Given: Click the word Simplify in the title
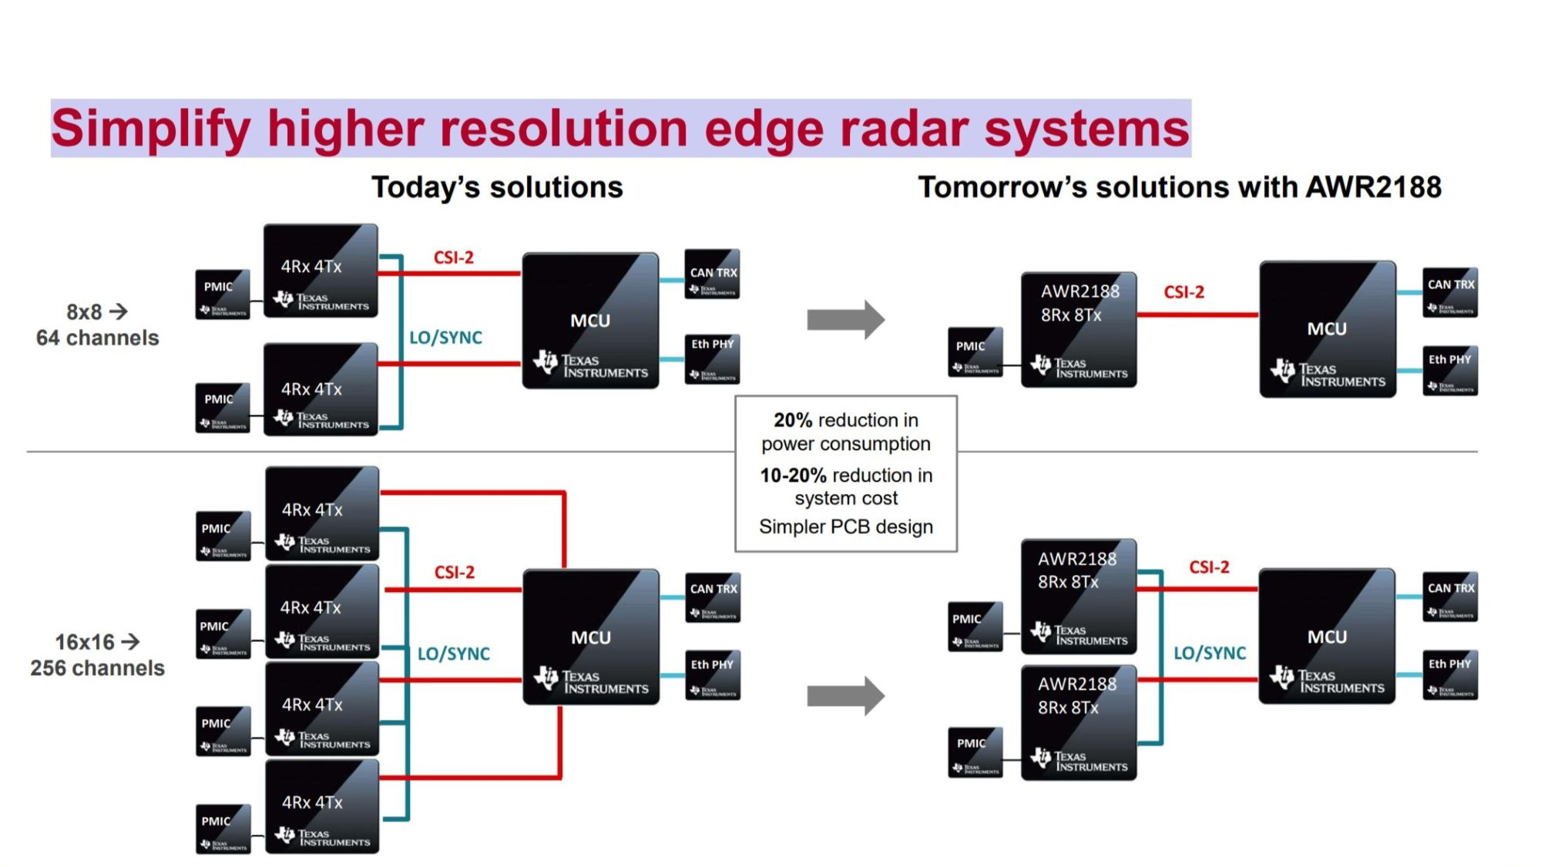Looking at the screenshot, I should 151,129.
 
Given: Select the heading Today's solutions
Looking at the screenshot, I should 497,187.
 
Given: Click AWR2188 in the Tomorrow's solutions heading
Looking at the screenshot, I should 1373,187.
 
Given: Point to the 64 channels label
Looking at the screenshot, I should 98,338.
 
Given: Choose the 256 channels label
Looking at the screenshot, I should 98,668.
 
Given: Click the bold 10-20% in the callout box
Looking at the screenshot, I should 793,475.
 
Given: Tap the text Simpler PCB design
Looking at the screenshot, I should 846,526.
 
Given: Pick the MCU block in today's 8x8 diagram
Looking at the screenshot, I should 590,321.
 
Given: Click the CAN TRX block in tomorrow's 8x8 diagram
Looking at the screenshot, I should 1450,292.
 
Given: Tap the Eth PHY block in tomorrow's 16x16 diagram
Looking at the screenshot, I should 1450,674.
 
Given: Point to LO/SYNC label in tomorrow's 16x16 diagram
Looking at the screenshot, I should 1210,654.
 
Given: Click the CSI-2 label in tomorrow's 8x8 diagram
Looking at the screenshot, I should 1184,292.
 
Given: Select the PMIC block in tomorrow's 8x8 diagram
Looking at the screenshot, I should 975,351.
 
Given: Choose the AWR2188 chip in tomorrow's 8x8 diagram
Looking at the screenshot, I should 1079,329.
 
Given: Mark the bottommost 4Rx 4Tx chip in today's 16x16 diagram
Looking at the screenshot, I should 322,806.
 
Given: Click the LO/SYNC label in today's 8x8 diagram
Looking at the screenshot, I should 445,338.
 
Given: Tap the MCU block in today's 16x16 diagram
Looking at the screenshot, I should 591,637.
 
